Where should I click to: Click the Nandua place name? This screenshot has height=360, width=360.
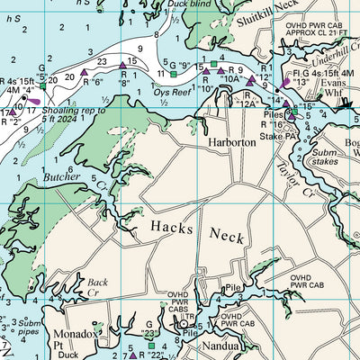219,346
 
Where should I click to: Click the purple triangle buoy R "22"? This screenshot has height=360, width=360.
132,354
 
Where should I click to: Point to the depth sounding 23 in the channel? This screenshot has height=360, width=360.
102,61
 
